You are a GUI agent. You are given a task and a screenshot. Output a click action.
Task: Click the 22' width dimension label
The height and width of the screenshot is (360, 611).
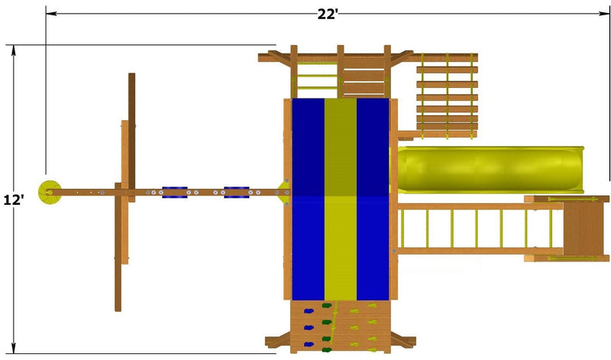click(x=328, y=14)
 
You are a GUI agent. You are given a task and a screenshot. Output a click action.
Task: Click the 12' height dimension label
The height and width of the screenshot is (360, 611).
click(x=14, y=199)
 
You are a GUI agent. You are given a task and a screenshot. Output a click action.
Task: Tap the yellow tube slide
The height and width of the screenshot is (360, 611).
click(x=490, y=170)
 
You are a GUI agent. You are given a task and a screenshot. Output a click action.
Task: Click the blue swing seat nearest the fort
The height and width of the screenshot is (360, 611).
click(x=237, y=193)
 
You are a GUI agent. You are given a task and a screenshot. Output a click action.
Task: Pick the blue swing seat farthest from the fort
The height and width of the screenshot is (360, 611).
click(x=175, y=193)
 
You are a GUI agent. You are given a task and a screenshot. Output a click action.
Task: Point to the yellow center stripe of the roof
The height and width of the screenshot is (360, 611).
click(x=341, y=199)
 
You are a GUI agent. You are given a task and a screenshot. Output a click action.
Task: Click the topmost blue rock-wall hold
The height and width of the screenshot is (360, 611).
click(x=309, y=311)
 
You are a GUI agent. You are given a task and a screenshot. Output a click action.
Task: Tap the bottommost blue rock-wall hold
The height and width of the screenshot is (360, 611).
click(x=309, y=345)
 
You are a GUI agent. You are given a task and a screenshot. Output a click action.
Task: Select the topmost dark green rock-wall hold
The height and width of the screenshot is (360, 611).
click(x=327, y=306)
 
